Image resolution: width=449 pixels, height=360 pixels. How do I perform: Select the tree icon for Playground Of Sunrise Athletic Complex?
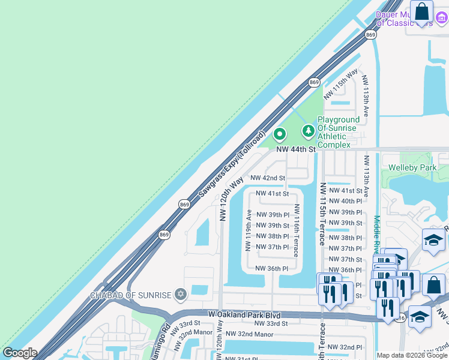309,130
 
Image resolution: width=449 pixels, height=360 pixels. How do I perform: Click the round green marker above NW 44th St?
279,134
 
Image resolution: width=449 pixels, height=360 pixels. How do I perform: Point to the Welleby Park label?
412,168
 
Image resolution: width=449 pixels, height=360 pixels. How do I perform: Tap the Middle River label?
376,240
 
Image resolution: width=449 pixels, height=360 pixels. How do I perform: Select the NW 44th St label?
296,149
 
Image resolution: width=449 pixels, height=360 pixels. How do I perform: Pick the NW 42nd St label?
267,178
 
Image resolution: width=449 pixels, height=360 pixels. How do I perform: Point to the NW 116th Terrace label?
296,230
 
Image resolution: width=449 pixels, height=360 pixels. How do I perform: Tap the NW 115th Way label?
340,84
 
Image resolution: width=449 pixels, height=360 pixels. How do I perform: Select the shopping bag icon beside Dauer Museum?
422,12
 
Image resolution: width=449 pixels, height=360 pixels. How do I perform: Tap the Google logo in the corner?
19,353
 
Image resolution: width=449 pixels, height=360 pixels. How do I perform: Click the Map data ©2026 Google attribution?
412,355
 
